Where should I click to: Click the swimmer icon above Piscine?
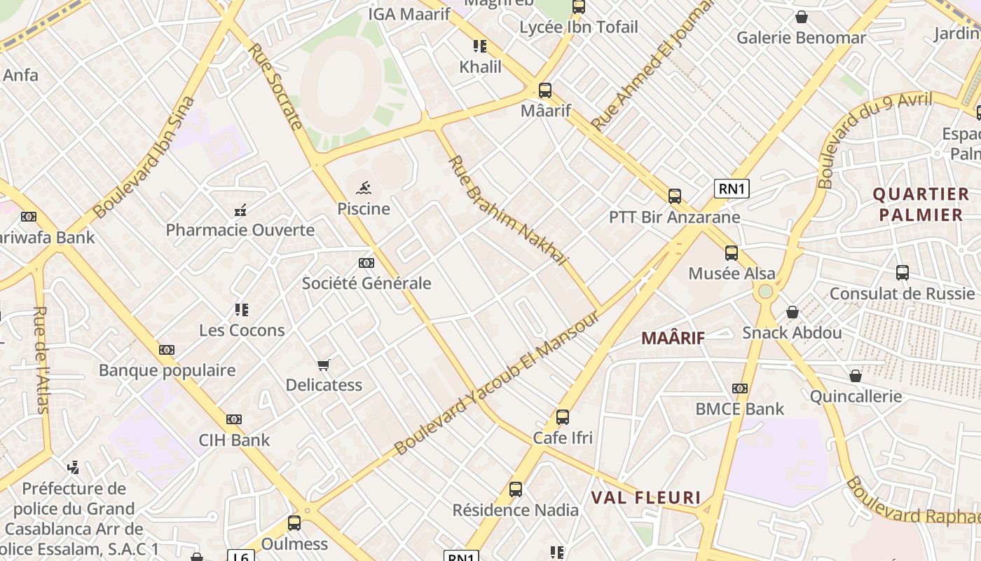pyautogui.click(x=364, y=187)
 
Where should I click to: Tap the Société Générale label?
pyautogui.click(x=366, y=283)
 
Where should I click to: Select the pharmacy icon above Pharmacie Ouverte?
pyautogui.click(x=240, y=209)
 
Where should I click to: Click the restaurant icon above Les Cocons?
pyautogui.click(x=242, y=309)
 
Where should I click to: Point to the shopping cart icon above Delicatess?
pyautogui.click(x=323, y=365)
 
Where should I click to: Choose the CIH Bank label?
pyautogui.click(x=234, y=440)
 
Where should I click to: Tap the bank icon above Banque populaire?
pyautogui.click(x=166, y=349)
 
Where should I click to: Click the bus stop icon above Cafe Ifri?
pyautogui.click(x=562, y=417)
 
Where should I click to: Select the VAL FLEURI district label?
pyautogui.click(x=646, y=498)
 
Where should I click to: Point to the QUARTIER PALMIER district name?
pyautogui.click(x=921, y=204)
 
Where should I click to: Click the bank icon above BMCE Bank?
pyautogui.click(x=739, y=388)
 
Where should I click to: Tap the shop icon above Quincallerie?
pyautogui.click(x=855, y=376)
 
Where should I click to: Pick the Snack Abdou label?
pyautogui.click(x=792, y=332)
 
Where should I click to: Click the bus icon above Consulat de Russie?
pyautogui.click(x=902, y=272)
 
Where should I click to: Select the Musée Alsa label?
pyautogui.click(x=732, y=273)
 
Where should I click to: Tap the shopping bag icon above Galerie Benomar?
pyautogui.click(x=801, y=17)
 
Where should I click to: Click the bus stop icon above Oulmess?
pyautogui.click(x=294, y=523)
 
